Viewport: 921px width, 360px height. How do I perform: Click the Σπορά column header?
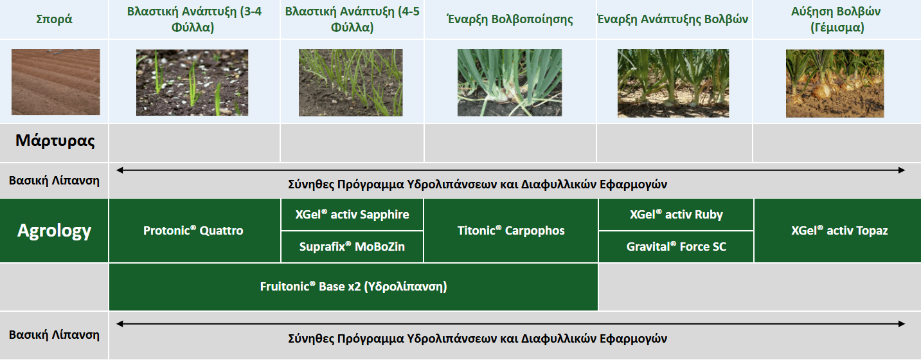click(x=54, y=19)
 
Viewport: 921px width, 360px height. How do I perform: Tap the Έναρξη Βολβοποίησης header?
click(x=510, y=19)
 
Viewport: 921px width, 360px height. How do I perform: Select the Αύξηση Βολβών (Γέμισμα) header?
click(x=836, y=19)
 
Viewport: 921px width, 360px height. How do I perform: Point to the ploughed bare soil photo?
click(x=56, y=82)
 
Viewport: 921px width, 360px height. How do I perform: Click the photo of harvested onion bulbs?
click(x=834, y=83)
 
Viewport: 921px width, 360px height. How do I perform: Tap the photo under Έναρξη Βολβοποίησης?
click(x=510, y=82)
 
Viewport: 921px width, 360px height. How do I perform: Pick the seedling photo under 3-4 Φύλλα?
click(x=192, y=82)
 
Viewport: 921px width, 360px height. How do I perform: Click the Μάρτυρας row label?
click(x=55, y=141)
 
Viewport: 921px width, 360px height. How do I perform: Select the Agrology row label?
click(x=55, y=231)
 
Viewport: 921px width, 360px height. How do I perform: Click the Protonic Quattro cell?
click(x=193, y=231)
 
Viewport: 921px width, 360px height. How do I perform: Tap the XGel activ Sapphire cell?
click(x=352, y=215)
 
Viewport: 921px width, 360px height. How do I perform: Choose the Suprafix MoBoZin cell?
click(x=352, y=246)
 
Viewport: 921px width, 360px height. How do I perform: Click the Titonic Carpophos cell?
click(x=511, y=231)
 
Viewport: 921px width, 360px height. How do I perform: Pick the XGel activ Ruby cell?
click(x=676, y=215)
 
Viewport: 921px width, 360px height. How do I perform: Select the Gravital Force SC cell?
click(x=676, y=246)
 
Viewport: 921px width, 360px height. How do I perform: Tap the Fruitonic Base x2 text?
click(x=353, y=287)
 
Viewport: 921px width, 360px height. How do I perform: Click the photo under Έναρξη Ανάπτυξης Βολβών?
click(x=674, y=83)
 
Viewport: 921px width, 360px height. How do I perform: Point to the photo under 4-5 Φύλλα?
click(x=351, y=82)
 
